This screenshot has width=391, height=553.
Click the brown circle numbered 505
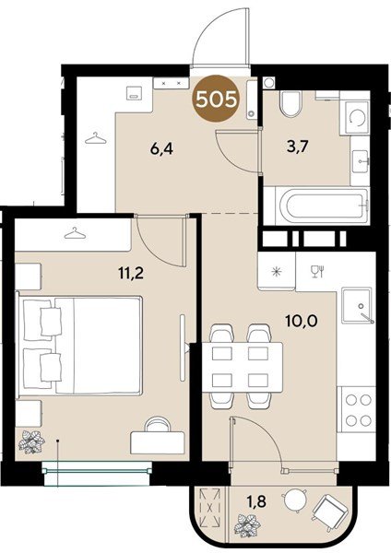[x=216, y=100]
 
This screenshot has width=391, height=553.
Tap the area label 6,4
[x=161, y=149]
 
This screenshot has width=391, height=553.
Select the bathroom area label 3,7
[x=298, y=146]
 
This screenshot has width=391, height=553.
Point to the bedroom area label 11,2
[x=131, y=273]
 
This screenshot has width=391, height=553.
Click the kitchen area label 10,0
[x=302, y=321]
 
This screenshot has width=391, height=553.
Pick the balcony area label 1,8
[x=256, y=500]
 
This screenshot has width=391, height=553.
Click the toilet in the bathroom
[x=290, y=103]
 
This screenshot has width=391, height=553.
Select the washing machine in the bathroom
[x=355, y=118]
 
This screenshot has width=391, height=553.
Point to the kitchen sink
[x=357, y=305]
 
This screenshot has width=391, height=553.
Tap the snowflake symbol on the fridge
[x=277, y=271]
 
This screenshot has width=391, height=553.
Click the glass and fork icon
[x=317, y=272]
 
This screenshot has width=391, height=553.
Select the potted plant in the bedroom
[x=31, y=441]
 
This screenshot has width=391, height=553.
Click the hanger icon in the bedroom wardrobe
[x=75, y=233]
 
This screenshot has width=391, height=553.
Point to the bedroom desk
[x=158, y=442]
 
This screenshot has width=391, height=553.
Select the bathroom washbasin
[x=361, y=161]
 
